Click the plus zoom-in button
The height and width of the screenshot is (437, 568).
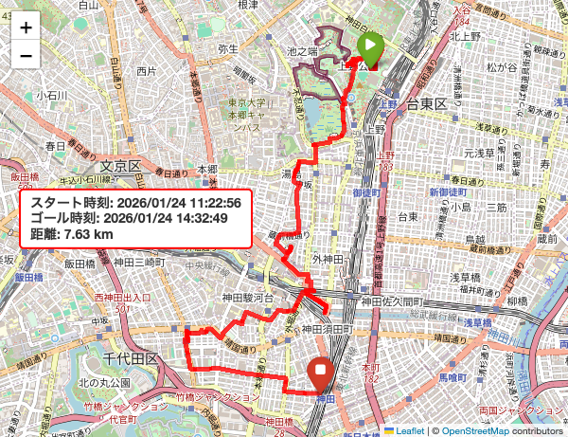(26, 27)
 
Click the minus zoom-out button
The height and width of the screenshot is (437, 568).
(26, 55)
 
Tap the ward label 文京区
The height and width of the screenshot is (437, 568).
(120, 167)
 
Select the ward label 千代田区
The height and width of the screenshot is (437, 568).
(131, 357)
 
